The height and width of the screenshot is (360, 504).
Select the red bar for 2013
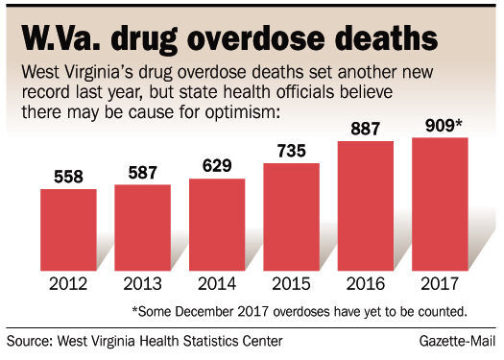click(143, 228)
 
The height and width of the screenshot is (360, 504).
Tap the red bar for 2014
click(217, 225)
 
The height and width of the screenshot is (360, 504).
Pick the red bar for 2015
click(292, 217)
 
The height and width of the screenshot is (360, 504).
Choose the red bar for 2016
click(366, 205)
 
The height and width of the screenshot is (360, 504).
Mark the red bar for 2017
click(440, 204)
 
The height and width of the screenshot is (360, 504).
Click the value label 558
click(68, 179)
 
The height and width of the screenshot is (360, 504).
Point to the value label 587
click(143, 174)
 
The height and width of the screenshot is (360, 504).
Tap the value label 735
click(292, 153)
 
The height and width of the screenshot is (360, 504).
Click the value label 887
click(366, 131)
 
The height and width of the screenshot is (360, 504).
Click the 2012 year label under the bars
click(68, 285)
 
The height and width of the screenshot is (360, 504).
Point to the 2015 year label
click(292, 285)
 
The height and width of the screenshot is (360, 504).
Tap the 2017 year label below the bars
click(440, 285)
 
